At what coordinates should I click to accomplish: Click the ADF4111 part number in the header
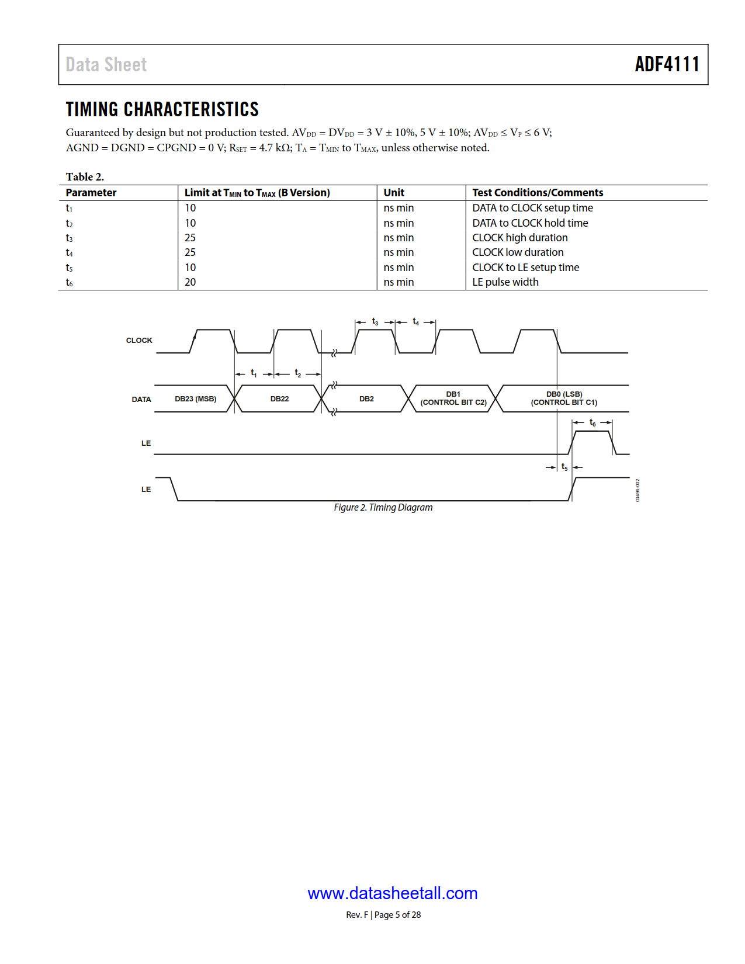pos(667,64)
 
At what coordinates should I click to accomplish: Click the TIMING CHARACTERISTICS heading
pos(162,109)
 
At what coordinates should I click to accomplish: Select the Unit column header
pos(394,193)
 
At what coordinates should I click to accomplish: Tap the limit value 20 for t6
pos(190,282)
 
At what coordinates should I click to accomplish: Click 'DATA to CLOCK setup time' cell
pos(532,208)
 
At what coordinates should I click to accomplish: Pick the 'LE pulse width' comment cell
pos(505,282)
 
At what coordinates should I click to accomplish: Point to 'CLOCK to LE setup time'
pos(525,268)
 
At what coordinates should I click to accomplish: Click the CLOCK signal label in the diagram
pos(139,340)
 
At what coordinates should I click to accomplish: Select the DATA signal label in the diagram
pos(141,399)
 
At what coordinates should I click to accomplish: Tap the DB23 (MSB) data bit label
pos(195,399)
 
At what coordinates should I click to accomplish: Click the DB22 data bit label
pos(279,399)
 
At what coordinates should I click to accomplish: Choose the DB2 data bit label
pos(366,399)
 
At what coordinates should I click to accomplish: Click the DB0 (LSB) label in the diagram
pos(564,394)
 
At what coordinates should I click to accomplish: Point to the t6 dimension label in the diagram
pos(592,422)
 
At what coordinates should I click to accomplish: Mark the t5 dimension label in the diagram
pos(564,467)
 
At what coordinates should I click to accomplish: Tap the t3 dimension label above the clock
pos(375,322)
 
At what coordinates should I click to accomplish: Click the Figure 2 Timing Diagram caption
pos(383,507)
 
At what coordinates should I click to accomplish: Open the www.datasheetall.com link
pos(392,893)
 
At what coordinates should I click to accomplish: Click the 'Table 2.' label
pos(85,176)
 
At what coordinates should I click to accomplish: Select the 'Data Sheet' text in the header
pos(106,64)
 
